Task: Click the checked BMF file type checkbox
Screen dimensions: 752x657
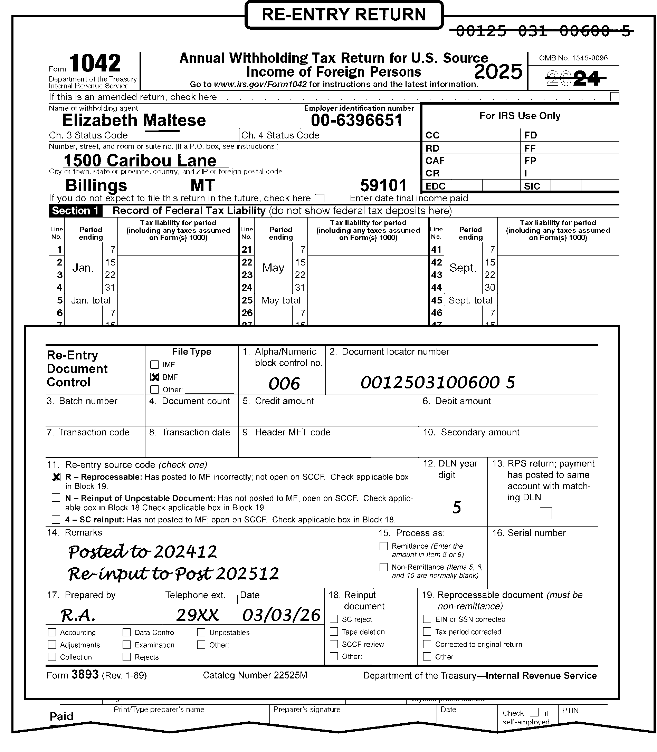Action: [x=155, y=377]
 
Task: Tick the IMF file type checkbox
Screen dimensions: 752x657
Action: [x=155, y=364]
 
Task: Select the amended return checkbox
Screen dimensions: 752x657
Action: [x=615, y=97]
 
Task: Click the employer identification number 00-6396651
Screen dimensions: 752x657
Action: [x=357, y=120]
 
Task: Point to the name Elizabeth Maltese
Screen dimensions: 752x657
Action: [x=134, y=120]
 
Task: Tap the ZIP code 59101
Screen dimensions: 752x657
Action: [x=383, y=185]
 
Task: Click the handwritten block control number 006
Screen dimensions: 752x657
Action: [x=284, y=384]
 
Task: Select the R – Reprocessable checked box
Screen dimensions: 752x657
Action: [x=56, y=477]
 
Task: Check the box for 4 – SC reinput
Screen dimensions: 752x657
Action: [x=56, y=519]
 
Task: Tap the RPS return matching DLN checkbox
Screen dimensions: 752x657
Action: [x=545, y=513]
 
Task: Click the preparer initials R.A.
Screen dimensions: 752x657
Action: [x=78, y=615]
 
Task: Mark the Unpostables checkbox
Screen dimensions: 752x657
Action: [x=201, y=632]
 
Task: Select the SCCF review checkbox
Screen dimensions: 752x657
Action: [x=334, y=644]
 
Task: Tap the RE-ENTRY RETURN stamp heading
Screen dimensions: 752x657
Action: [x=344, y=15]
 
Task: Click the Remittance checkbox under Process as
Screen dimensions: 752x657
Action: [x=383, y=546]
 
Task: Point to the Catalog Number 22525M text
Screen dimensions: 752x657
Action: [x=255, y=675]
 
